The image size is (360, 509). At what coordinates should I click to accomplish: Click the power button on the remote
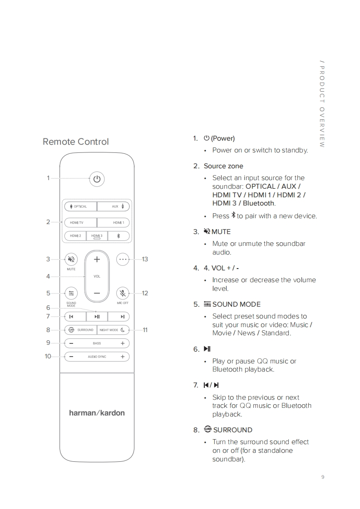coord(97,179)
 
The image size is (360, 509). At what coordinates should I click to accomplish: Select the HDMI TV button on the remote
coord(80,223)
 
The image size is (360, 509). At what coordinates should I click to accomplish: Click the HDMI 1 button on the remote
coord(113,223)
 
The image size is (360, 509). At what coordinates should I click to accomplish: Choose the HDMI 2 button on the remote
coord(75,236)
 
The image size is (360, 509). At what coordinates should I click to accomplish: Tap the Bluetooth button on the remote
coord(119,236)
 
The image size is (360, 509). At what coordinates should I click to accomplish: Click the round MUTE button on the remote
coord(71,259)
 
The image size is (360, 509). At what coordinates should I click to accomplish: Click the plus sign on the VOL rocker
coord(97,259)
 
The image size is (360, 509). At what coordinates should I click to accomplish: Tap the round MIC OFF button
coord(123,293)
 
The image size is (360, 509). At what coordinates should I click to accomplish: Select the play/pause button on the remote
coord(97,317)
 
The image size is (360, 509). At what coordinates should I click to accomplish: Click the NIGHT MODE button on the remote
coord(113,330)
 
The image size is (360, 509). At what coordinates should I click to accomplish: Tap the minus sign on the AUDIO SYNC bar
coord(71,357)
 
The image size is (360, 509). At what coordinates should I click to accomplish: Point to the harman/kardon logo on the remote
coord(97,413)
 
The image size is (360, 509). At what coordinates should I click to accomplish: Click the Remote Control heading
coord(76,142)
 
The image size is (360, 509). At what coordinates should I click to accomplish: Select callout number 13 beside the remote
coord(145,259)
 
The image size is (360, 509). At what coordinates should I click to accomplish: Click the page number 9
coord(323,477)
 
